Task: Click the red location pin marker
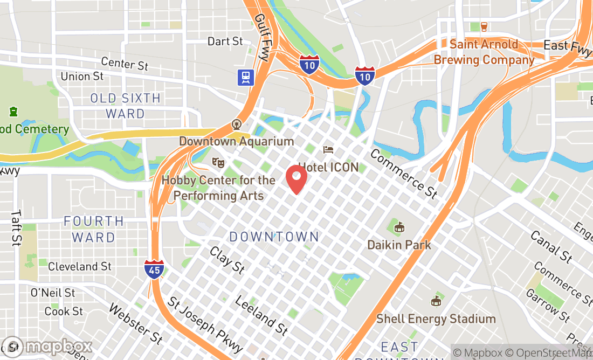296,179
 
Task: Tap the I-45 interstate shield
154,268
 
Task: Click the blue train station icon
245,77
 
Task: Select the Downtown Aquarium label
237,141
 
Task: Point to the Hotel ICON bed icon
328,149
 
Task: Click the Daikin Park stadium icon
399,227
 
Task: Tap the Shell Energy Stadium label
436,319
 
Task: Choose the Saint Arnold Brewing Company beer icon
483,26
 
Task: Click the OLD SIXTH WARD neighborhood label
125,106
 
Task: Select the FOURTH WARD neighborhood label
94,229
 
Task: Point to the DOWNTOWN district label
274,237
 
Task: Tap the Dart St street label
225,41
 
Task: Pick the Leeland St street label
261,315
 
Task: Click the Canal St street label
551,246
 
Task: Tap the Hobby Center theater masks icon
218,161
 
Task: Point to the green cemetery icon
12,112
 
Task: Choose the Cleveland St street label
80,266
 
